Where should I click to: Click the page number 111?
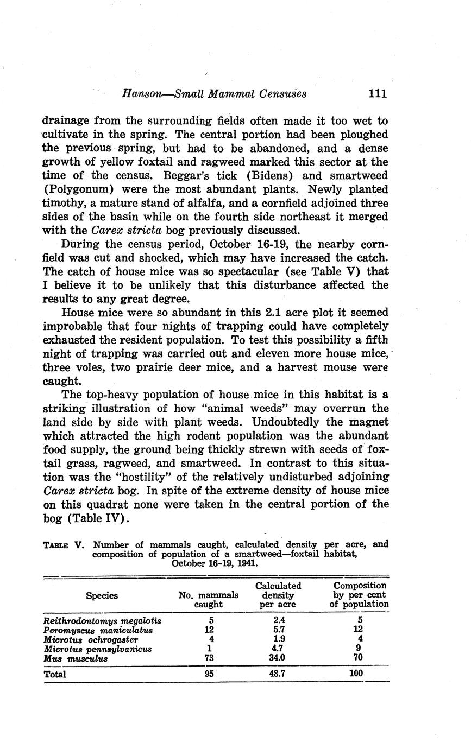377,93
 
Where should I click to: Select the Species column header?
102,595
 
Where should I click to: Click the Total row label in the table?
54,675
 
